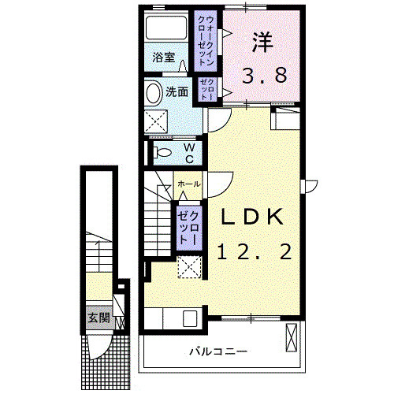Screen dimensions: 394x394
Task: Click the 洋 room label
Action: [263, 42]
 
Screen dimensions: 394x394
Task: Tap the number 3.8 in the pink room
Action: [263, 76]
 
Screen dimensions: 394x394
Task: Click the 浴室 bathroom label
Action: [164, 58]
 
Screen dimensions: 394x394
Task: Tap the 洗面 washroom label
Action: [177, 91]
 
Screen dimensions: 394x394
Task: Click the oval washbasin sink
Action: [154, 93]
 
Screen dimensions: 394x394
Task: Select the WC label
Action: [190, 151]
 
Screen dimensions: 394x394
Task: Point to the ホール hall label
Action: [188, 184]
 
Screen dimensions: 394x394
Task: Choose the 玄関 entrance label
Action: [98, 318]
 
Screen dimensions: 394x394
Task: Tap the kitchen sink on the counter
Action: [189, 319]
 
